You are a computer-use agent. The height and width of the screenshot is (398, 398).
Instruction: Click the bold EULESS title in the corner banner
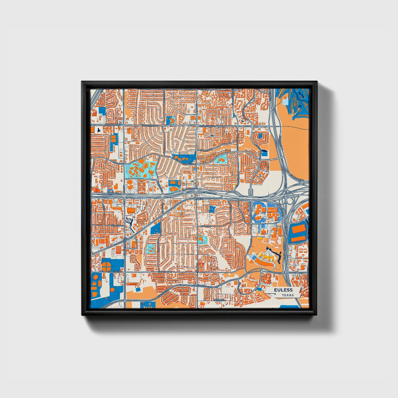283,290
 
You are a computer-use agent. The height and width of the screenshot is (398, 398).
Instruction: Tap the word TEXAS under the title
288,295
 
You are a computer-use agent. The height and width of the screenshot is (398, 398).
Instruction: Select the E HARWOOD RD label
207,126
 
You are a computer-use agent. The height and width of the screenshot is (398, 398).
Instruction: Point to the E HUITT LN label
205,226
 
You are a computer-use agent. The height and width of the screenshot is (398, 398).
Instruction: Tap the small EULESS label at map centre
199,199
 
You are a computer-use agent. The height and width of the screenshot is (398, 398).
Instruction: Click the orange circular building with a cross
107,266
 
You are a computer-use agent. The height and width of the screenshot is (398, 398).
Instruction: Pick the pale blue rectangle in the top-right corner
285,102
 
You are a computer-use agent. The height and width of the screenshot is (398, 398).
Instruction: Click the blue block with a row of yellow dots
148,305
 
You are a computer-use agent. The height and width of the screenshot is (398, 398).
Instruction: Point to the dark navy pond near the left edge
99,130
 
